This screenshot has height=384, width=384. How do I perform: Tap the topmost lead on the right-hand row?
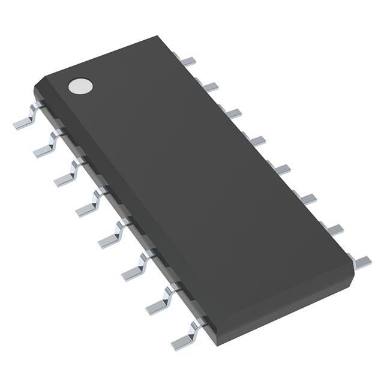click(188, 59)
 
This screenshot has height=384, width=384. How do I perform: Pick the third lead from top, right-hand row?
click(233, 113)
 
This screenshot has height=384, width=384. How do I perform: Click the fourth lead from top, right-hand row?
click(257, 140)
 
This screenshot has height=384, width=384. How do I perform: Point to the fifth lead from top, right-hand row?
click(282, 169)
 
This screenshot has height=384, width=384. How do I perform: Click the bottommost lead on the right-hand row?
click(362, 260)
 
